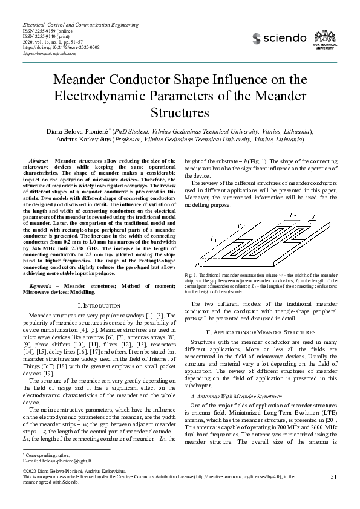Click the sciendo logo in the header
pyautogui.click(x=279, y=38)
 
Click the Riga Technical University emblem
pyautogui.click(x=329, y=38)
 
